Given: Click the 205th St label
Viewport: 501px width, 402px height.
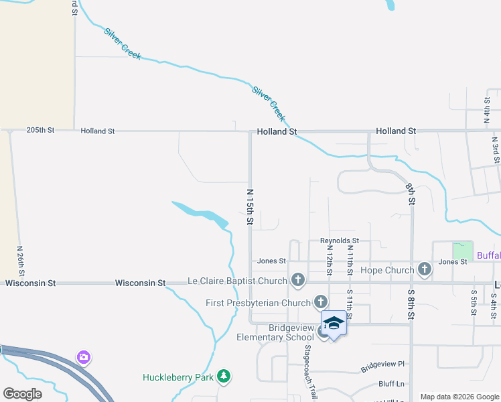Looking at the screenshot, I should pyautogui.click(x=40, y=131).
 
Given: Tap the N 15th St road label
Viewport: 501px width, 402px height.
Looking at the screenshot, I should pyautogui.click(x=250, y=206).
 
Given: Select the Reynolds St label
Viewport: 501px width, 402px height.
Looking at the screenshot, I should pyautogui.click(x=340, y=241).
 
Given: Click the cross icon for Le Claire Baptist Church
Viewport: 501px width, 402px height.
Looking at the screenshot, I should pyautogui.click(x=298, y=280).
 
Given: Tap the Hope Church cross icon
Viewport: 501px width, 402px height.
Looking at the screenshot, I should pyautogui.click(x=424, y=270).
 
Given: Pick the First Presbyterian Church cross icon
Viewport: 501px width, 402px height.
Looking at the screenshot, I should pyautogui.click(x=321, y=302).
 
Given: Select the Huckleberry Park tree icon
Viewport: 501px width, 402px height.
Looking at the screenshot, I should pyautogui.click(x=224, y=377).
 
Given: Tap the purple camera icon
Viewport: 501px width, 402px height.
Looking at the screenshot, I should pyautogui.click(x=83, y=356).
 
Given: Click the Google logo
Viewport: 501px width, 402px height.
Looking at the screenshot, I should pyautogui.click(x=23, y=394).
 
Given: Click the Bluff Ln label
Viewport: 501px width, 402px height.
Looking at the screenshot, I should pyautogui.click(x=392, y=384).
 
